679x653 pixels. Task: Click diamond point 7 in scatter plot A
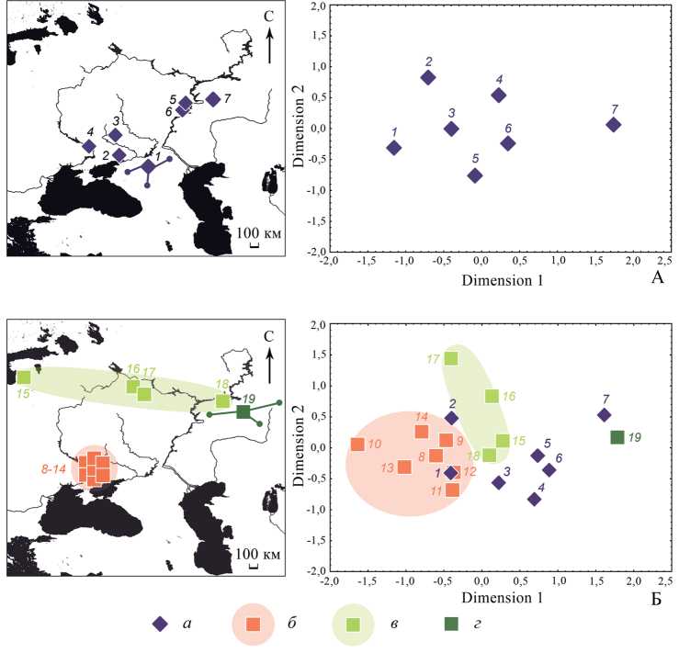614,125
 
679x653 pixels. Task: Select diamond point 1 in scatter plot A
393,147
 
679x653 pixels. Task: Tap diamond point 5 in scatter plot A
475,175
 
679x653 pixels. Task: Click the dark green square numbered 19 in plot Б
617,437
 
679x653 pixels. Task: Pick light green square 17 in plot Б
451,359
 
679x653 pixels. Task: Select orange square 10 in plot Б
357,445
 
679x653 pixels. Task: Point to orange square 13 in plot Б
404,467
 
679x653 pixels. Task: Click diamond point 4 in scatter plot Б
534,499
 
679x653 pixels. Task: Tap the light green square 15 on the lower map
24,377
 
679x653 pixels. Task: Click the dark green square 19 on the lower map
243,411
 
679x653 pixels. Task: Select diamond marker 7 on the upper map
213,99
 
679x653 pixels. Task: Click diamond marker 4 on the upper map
89,146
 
